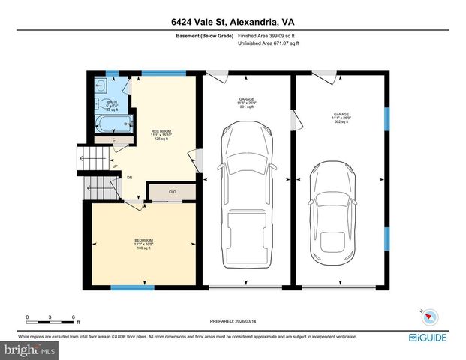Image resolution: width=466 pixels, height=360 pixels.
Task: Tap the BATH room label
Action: (x=112, y=102)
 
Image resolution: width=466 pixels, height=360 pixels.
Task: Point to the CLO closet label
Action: (x=172, y=193)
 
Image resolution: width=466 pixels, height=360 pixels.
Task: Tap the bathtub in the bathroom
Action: (x=113, y=124)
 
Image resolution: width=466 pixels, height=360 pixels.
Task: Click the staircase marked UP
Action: (x=89, y=159)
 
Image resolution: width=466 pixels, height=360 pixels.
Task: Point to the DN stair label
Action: (x=129, y=178)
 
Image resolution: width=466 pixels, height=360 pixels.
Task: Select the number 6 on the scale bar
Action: (x=73, y=317)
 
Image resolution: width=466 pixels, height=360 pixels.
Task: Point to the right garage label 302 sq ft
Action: (x=341, y=119)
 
